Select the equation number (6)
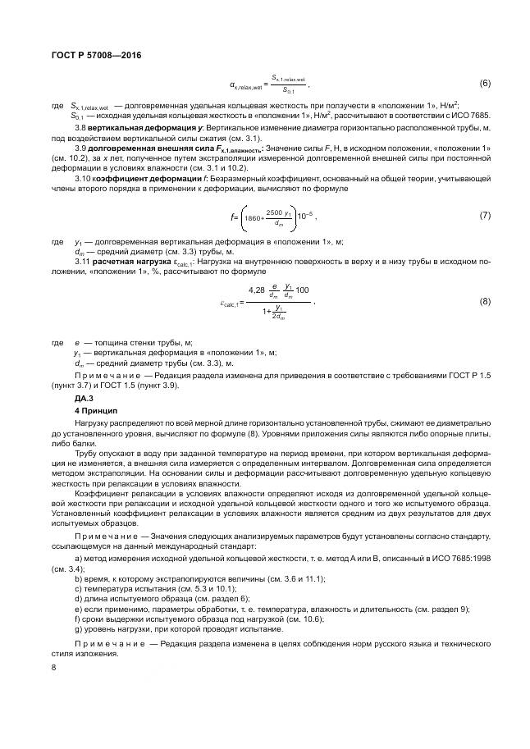pyautogui.click(x=483, y=84)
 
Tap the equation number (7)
pyautogui.click(x=483, y=215)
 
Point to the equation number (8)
pyautogui.click(x=483, y=301)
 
